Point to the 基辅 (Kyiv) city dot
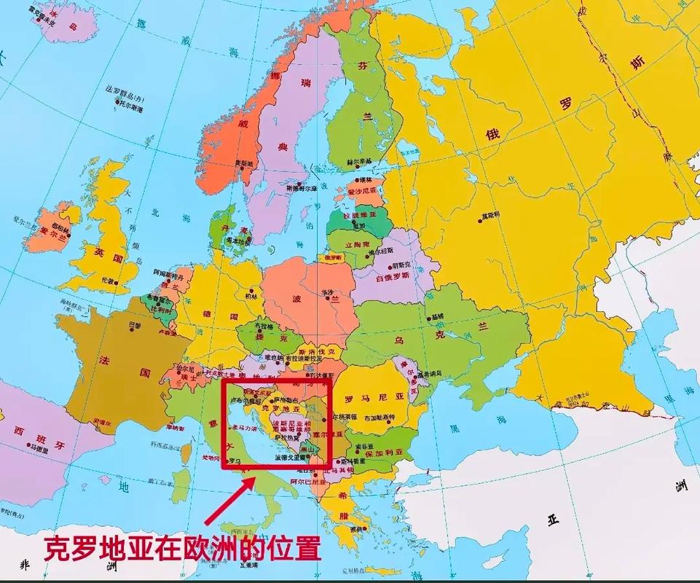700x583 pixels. click(x=430, y=316)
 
